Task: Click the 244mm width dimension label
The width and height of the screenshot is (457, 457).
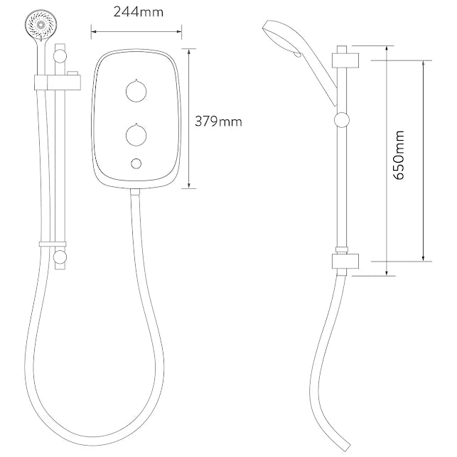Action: pos(139,12)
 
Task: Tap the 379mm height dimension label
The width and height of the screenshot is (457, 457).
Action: pos(218,122)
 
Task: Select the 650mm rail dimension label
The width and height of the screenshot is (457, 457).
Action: pos(399,155)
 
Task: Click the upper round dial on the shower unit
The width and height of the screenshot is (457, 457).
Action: pos(136,92)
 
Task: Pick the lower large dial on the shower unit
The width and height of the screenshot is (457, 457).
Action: pos(136,136)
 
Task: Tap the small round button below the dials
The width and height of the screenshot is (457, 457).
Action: pos(136,163)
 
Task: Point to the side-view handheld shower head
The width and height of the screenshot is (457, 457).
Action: pos(300,61)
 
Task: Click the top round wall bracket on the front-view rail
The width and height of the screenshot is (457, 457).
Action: pos(60,55)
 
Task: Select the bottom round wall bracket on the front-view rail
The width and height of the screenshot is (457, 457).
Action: pos(60,257)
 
